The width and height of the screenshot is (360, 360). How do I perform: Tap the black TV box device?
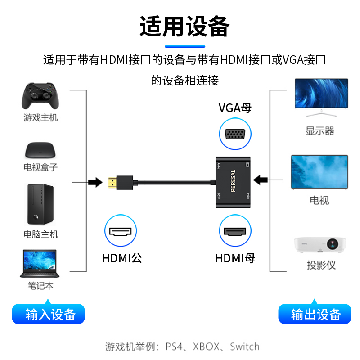click(41, 149)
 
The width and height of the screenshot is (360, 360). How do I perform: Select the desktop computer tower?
click(40, 204)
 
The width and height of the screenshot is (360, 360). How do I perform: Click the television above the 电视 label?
click(320, 172)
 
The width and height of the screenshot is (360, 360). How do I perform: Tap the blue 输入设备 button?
click(48, 314)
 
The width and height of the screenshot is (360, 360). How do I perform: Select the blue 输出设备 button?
click(315, 314)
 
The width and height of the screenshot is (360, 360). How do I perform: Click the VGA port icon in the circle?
click(235, 135)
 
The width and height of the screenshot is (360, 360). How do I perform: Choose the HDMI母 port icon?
click(235, 232)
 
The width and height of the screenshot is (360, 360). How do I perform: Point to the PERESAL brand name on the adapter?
click(233, 181)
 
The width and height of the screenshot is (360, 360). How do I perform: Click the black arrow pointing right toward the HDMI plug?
click(94, 182)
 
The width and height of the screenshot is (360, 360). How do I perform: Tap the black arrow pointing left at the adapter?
click(260, 180)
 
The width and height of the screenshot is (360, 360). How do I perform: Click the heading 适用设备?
click(184, 26)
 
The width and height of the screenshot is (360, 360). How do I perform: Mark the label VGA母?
click(235, 108)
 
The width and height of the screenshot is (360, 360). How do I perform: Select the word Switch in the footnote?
click(245, 347)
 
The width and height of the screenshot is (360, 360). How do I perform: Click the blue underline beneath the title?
click(184, 46)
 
